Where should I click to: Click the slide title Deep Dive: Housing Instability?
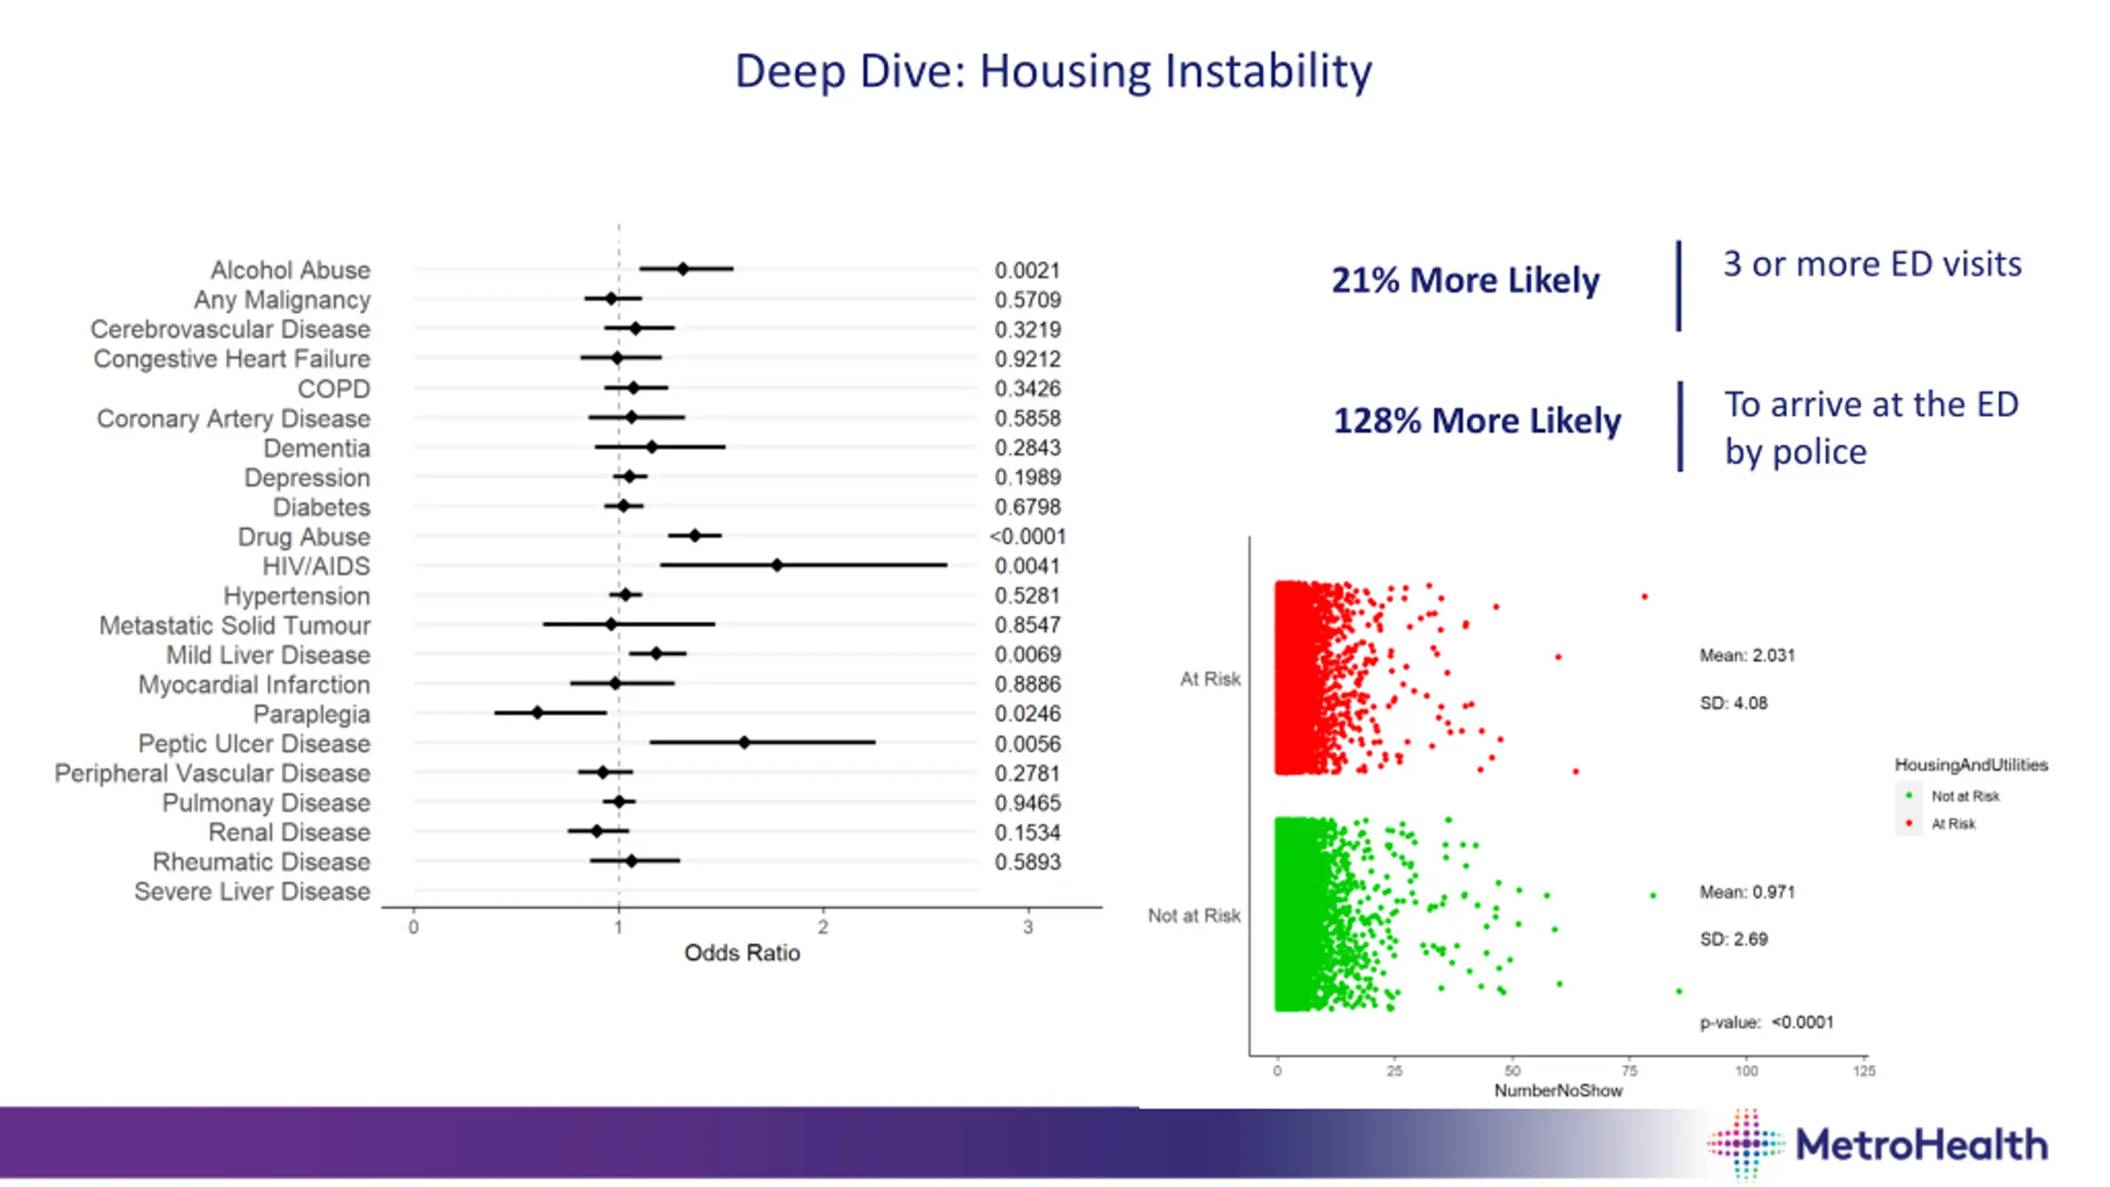1053,71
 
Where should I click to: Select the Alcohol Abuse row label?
290,270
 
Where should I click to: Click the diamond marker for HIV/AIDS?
776,565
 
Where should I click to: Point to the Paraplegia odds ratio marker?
537,713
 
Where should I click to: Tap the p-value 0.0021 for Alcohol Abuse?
1027,270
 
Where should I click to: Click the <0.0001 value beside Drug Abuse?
1027,537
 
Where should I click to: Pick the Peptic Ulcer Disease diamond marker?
744,743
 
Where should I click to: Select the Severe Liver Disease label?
252,892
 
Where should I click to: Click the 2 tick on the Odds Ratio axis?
823,927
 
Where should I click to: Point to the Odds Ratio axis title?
742,953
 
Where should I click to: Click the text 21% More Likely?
1465,280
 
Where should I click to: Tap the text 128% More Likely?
1477,421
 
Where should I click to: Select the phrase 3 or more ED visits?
1872,265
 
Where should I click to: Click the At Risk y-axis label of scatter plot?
1210,679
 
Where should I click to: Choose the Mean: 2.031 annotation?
1747,656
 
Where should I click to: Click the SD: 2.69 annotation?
1733,940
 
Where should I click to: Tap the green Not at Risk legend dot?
1909,795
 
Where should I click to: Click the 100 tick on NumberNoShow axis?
1746,1071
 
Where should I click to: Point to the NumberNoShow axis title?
1558,1091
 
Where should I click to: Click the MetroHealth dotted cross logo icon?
1746,1145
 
